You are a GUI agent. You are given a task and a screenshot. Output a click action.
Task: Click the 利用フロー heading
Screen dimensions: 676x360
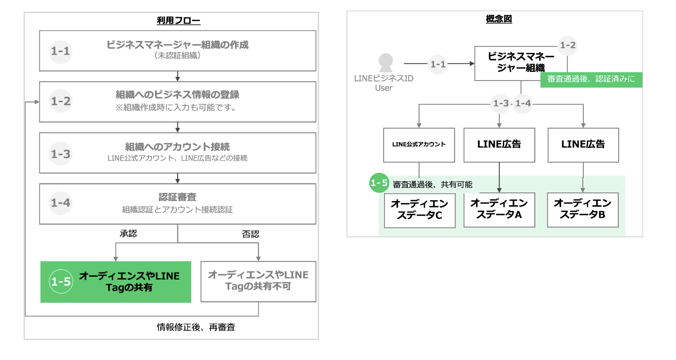pos(178,21)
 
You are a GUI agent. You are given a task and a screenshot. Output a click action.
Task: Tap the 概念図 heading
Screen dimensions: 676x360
pos(499,19)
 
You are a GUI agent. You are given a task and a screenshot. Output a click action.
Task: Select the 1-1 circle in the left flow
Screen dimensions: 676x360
pos(60,51)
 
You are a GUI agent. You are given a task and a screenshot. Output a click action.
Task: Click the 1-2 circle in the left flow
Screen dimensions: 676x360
pos(60,101)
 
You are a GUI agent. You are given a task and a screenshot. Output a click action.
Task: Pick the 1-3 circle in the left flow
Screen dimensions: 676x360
pos(60,154)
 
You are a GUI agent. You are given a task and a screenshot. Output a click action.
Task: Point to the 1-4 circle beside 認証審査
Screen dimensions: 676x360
pos(60,203)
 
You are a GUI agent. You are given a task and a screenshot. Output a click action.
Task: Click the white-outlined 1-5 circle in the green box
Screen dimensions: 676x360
pos(61,282)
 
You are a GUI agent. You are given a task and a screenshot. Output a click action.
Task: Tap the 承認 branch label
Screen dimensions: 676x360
pos(128,233)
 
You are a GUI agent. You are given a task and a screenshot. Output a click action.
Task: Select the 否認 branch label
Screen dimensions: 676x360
pos(251,234)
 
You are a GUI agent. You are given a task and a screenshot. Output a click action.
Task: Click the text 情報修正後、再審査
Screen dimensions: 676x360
pos(196,327)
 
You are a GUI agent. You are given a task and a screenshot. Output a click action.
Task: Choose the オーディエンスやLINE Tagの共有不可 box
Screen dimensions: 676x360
pos(258,282)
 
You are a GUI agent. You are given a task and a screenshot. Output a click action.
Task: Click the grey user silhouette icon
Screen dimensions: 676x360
pos(385,63)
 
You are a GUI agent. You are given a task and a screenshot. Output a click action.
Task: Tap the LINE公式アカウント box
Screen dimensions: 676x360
pos(419,145)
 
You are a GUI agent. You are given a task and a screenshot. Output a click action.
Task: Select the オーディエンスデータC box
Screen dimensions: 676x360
pos(419,211)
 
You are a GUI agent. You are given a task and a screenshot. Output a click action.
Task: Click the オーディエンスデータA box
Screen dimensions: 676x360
pos(499,210)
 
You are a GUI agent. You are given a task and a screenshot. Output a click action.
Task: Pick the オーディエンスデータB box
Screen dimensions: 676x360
pos(583,210)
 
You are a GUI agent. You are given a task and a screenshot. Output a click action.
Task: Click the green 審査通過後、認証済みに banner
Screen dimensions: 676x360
pos(591,80)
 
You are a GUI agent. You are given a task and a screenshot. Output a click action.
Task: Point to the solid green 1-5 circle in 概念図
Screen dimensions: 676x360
pos(379,183)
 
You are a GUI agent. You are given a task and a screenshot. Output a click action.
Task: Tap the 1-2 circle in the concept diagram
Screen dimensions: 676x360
pos(567,46)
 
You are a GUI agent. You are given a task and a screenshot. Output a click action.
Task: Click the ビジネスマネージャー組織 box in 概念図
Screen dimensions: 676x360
pos(521,63)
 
